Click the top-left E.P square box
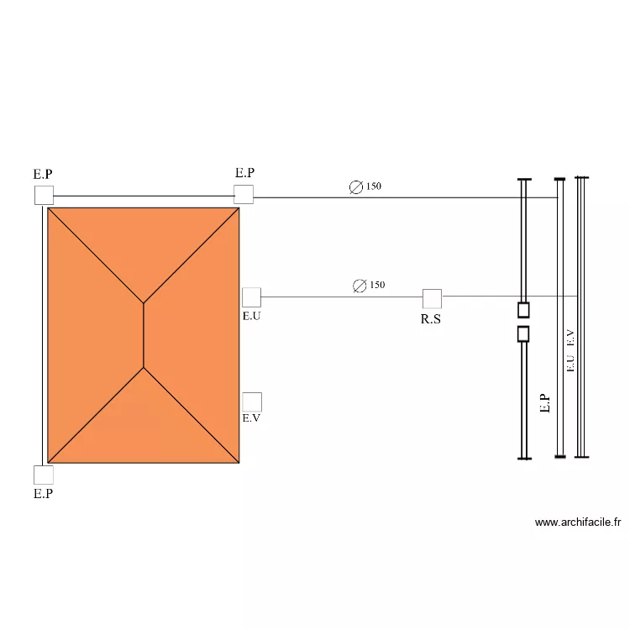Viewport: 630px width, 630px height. pyautogui.click(x=44, y=195)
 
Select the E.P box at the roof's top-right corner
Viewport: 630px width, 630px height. pyautogui.click(x=244, y=195)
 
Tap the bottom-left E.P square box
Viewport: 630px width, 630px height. pyautogui.click(x=44, y=475)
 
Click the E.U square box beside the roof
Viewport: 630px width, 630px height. pyautogui.click(x=251, y=297)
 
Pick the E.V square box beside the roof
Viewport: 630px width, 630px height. pyautogui.click(x=252, y=402)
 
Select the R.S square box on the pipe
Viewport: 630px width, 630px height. pyautogui.click(x=432, y=298)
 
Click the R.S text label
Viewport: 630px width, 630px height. pyautogui.click(x=431, y=319)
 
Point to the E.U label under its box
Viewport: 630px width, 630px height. pyautogui.click(x=251, y=316)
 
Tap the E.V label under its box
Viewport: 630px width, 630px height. pyautogui.click(x=251, y=418)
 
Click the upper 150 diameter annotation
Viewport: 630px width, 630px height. pyautogui.click(x=365, y=186)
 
